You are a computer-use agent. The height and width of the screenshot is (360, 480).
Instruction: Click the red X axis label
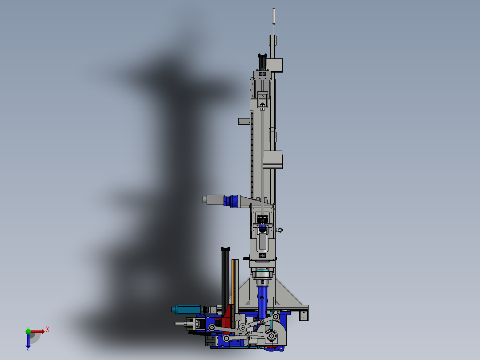48,330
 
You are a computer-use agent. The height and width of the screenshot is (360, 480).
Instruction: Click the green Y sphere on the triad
28,331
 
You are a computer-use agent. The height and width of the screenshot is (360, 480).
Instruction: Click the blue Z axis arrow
28,341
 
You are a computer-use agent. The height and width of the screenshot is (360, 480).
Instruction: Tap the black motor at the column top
262,62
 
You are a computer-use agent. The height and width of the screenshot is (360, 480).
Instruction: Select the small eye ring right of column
280,230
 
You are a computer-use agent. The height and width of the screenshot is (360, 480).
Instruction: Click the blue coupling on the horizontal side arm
231,201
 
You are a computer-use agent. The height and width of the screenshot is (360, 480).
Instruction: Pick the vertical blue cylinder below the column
262,302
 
